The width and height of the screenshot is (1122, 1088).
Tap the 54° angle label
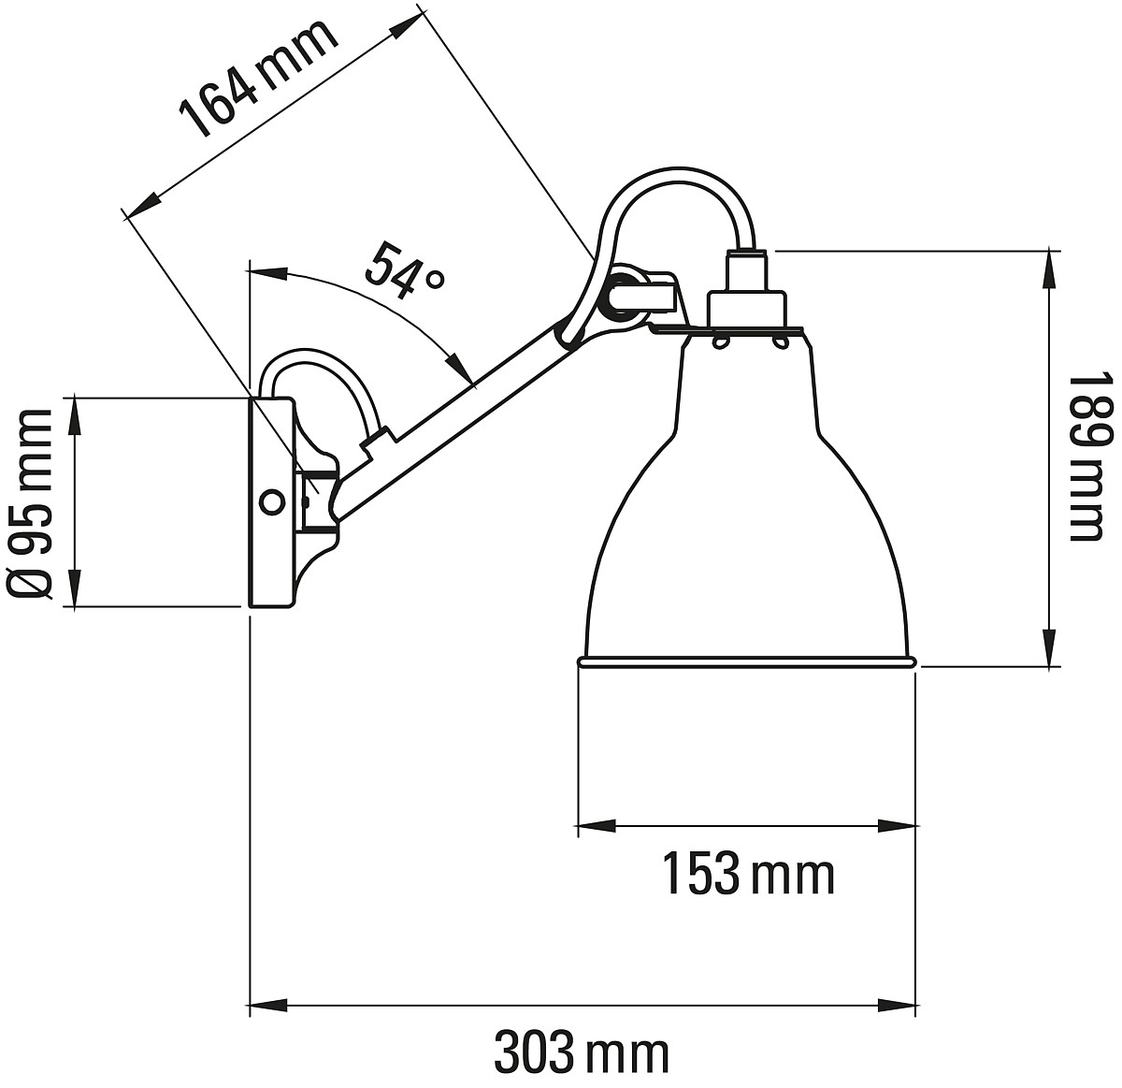pos(405,270)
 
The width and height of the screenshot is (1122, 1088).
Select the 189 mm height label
pos(1086,456)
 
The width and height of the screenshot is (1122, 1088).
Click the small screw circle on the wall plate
pos(271,501)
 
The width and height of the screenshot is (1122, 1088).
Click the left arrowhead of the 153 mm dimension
pos(597,825)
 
